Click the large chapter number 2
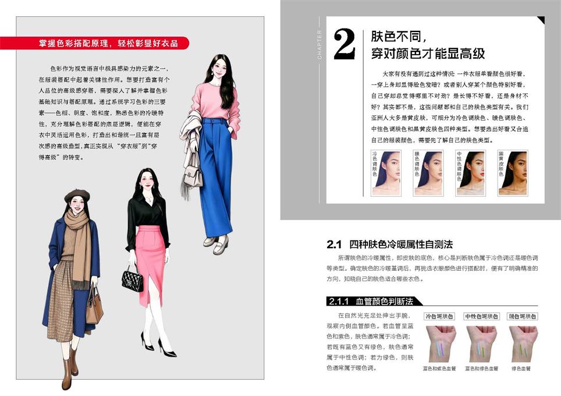pos(344,44)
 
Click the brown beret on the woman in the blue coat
pos(77,195)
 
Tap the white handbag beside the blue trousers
pos(193,173)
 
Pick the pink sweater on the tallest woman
pos(215,104)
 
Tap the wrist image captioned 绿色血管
pos(523,344)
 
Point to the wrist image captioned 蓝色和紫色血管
pos(440,344)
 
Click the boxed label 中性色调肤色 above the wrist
pos(481,317)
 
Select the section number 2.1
pos(334,245)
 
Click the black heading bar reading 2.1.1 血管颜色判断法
pos(372,301)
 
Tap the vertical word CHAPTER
pos(319,44)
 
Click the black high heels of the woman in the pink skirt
pos(159,345)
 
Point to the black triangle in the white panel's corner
pos(541,20)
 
